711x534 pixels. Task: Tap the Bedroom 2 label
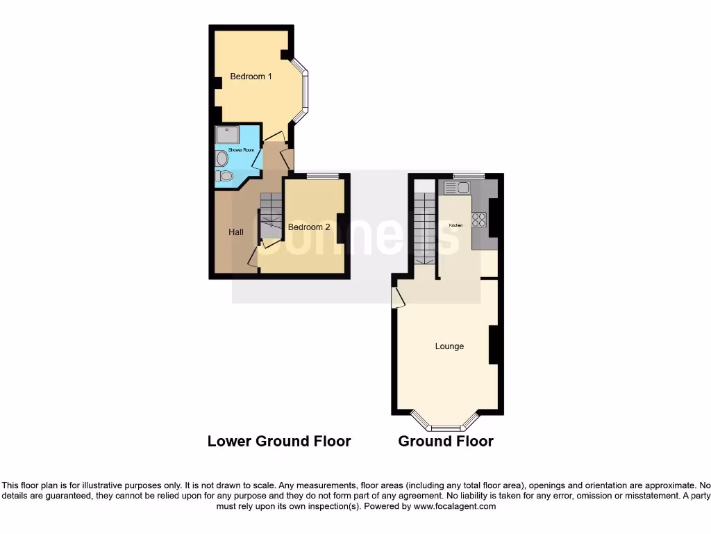point(309,227)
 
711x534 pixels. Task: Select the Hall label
point(236,232)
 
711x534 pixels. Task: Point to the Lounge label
point(449,346)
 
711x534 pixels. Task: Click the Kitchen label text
point(455,226)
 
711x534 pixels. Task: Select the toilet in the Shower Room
point(224,177)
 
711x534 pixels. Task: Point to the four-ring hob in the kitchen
point(479,220)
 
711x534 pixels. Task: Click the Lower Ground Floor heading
point(279,441)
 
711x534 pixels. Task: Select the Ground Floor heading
point(446,441)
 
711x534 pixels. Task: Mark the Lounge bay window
point(445,421)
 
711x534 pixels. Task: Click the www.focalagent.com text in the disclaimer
point(455,507)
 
